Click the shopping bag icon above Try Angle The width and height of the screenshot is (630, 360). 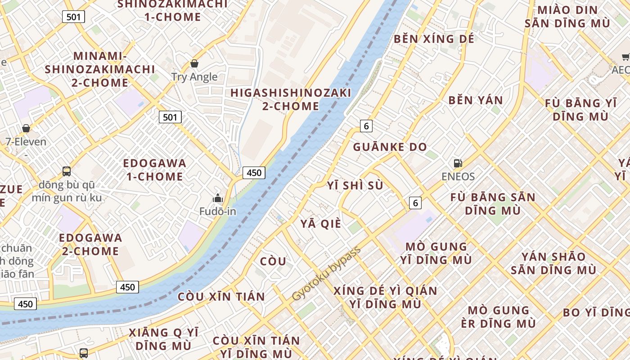pyautogui.click(x=194, y=63)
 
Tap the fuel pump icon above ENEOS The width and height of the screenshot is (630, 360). pyautogui.click(x=458, y=163)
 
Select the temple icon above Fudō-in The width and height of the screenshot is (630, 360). pyautogui.click(x=218, y=198)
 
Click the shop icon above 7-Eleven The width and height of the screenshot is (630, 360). pyautogui.click(x=26, y=129)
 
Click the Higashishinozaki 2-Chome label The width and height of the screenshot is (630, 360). pyautogui.click(x=291, y=99)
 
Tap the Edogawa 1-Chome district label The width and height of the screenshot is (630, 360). pyautogui.click(x=154, y=170)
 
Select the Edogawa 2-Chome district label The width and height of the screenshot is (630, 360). pyautogui.click(x=90, y=244)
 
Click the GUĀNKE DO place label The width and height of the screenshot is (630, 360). pyautogui.click(x=390, y=147)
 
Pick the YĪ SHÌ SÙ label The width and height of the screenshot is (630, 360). pyautogui.click(x=355, y=185)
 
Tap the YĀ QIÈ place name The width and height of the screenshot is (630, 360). pyautogui.click(x=321, y=224)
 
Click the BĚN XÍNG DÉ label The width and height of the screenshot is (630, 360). pyautogui.click(x=434, y=39)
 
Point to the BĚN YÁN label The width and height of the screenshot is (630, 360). pyautogui.click(x=476, y=100)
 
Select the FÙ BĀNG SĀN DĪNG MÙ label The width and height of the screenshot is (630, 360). pyautogui.click(x=493, y=204)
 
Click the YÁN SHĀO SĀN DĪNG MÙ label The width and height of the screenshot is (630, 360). pyautogui.click(x=553, y=263)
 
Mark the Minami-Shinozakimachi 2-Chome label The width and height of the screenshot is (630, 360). pyautogui.click(x=99, y=69)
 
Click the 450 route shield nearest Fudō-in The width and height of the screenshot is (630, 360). pyautogui.click(x=254, y=172)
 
